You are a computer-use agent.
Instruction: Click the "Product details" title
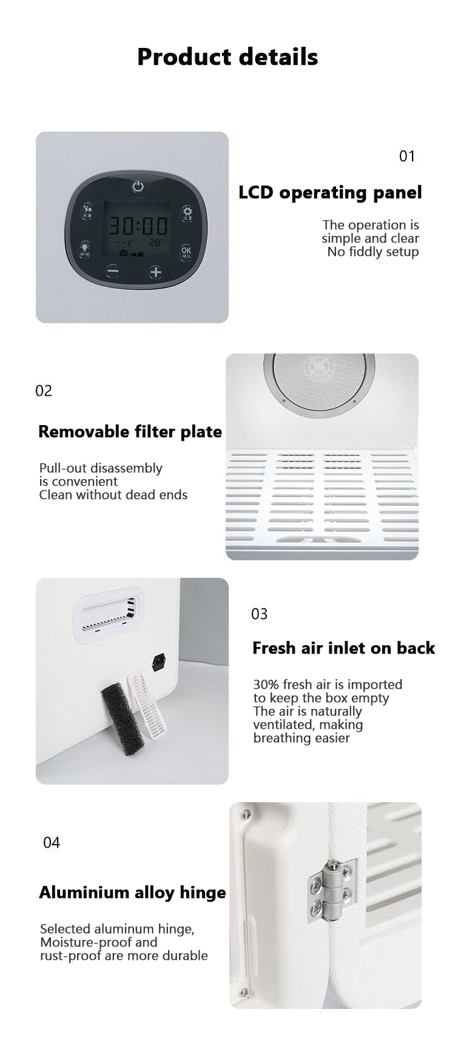pos(227,56)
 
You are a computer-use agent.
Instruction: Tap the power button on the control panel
pos(138,186)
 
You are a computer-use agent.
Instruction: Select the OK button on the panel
pos(186,252)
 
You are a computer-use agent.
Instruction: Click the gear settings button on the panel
pos(187,213)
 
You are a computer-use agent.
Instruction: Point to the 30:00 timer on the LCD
pos(138,226)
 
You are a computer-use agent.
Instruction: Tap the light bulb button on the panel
pos(84,249)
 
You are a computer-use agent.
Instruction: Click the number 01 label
pos(407,156)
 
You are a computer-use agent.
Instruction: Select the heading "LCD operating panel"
pos(330,193)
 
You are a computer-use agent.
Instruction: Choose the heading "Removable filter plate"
pos(130,432)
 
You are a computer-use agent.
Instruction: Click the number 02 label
pos(44,391)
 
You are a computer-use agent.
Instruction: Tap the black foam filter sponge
pos(123,718)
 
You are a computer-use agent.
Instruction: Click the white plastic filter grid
pos(147,706)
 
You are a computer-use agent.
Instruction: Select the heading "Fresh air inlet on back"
pos(343,648)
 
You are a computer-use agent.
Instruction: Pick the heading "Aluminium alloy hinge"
pos(132,893)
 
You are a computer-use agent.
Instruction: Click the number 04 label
pos(52,843)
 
